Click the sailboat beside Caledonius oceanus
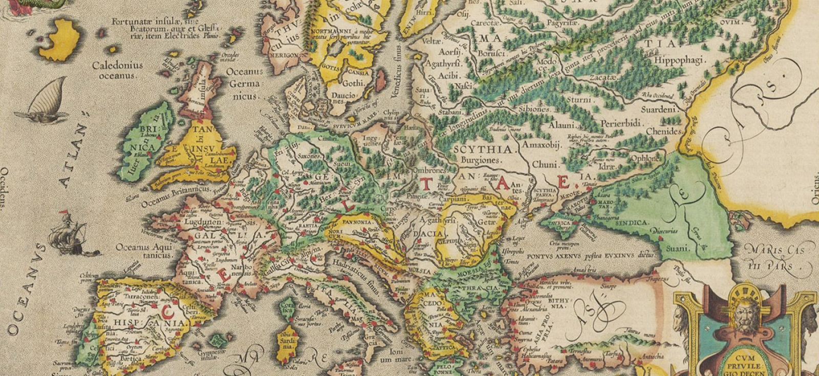point(46,102)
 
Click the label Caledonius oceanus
point(117,70)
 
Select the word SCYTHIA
point(483,150)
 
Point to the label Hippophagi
point(680,60)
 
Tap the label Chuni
point(542,165)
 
